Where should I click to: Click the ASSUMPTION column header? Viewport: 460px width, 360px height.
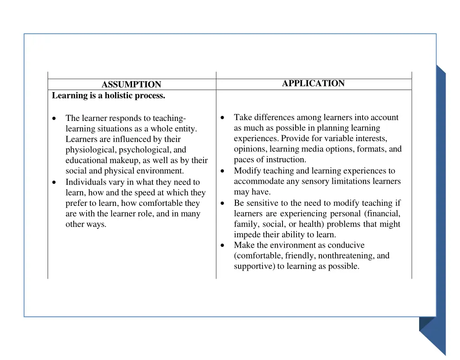click(131, 84)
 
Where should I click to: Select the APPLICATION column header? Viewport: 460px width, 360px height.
click(313, 84)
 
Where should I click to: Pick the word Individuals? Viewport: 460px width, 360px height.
click(85, 182)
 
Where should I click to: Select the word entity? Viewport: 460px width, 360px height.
click(186, 129)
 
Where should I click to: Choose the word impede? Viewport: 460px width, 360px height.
click(247, 235)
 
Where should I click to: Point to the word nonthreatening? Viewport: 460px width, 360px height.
click(345, 256)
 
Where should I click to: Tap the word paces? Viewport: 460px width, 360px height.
click(244, 160)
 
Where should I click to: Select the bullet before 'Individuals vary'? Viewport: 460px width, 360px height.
click(54, 182)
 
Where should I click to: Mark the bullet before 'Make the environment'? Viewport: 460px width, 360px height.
click(223, 245)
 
